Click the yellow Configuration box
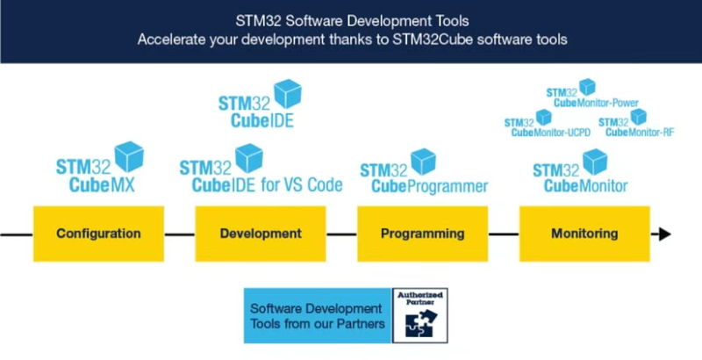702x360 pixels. pyautogui.click(x=98, y=234)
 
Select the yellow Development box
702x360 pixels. pyautogui.click(x=261, y=234)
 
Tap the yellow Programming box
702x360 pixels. pyautogui.click(x=423, y=234)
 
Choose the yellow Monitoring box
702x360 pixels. pyautogui.click(x=584, y=234)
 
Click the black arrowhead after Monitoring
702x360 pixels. pyautogui.click(x=665, y=234)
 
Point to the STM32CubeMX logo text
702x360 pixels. pyautogui.click(x=96, y=176)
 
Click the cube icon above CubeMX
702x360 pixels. pyautogui.click(x=129, y=156)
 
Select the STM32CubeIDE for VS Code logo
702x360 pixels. pyautogui.click(x=261, y=169)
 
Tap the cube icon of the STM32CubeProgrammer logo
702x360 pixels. pyautogui.click(x=424, y=162)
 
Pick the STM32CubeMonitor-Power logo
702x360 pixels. pyautogui.click(x=592, y=94)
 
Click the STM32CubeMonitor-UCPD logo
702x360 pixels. pyautogui.click(x=548, y=123)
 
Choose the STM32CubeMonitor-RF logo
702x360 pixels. pyautogui.click(x=636, y=123)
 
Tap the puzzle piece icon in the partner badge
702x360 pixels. pyautogui.click(x=420, y=323)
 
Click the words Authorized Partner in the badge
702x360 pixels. pyautogui.click(x=420, y=298)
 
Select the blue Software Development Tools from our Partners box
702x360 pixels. pyautogui.click(x=318, y=316)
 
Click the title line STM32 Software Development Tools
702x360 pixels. pyautogui.click(x=353, y=20)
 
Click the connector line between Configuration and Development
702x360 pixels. pyautogui.click(x=180, y=234)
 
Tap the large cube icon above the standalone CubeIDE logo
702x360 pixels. pyautogui.click(x=288, y=94)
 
